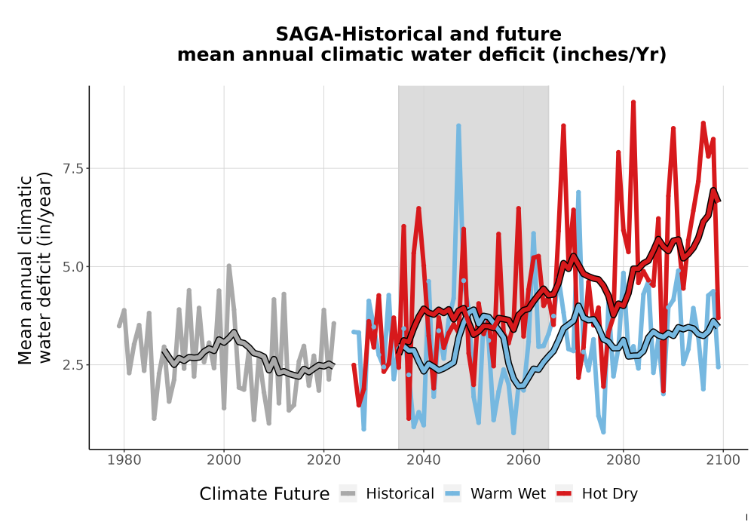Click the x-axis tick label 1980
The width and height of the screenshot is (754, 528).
click(x=124, y=460)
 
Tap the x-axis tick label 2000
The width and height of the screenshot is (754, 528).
click(x=224, y=460)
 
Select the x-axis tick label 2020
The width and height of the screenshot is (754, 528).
click(x=323, y=460)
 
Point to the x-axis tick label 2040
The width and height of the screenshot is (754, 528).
click(x=424, y=460)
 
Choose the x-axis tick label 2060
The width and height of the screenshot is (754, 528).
click(x=523, y=460)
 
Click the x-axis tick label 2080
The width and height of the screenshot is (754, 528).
click(x=624, y=460)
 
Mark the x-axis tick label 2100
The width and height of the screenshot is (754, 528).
click(x=723, y=460)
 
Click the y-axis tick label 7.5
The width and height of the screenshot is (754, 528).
click(x=73, y=168)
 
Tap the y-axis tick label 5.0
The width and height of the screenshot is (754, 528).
click(x=73, y=266)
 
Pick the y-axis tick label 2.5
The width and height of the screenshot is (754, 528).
click(x=73, y=364)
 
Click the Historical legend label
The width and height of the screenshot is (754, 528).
click(x=400, y=494)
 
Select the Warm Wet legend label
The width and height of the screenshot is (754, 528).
click(x=507, y=494)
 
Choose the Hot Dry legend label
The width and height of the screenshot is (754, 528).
click(x=609, y=494)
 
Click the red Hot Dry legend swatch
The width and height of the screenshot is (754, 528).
click(x=564, y=494)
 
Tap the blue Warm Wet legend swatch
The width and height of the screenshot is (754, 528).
click(x=452, y=494)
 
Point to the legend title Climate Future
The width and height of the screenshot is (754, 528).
click(x=265, y=494)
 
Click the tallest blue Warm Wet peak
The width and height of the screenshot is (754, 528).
click(x=458, y=126)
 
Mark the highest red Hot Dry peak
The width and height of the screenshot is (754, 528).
click(x=633, y=103)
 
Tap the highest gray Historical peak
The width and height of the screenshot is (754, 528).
click(x=229, y=266)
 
